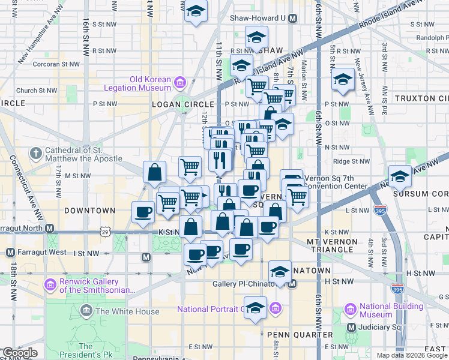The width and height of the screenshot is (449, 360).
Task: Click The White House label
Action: coord(127,311)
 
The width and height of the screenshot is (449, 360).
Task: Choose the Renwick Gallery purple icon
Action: coord(50,282)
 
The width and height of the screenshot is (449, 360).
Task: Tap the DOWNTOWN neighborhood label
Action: coord(89,211)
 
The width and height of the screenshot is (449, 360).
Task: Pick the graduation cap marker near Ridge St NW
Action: coord(400,176)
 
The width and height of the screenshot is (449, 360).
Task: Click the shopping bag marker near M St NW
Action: coord(155,173)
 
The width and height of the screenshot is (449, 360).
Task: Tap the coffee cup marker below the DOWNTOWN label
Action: coord(144,213)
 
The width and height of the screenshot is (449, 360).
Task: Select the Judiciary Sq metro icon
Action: coord(353,327)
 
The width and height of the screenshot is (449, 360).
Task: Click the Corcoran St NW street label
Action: coord(57,64)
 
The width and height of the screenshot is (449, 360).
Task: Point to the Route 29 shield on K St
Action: coord(105,231)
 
